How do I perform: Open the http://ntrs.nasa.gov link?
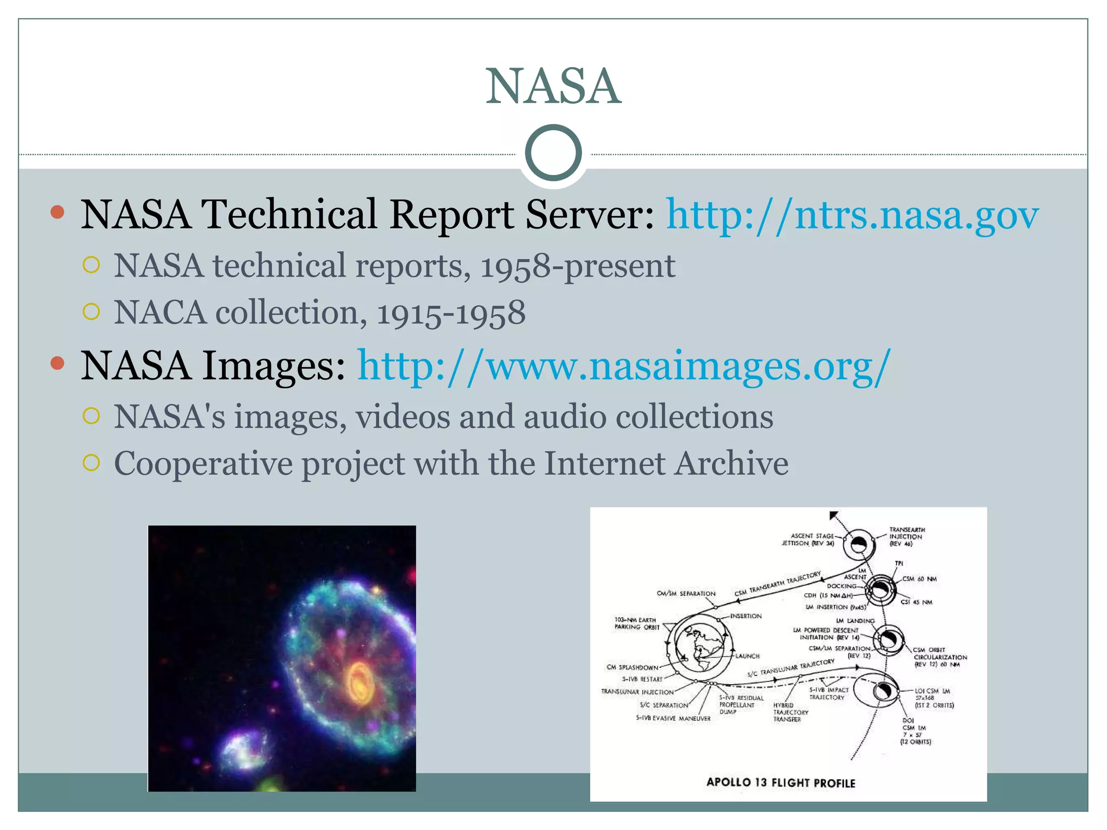852,215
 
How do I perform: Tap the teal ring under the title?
553,153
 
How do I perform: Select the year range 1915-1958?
451,313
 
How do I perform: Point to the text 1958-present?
577,266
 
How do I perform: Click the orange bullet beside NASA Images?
57,363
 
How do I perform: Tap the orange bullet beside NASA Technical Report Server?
57,211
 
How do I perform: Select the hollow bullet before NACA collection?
91,312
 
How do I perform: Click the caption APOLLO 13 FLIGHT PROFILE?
781,782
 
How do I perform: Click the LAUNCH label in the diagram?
747,656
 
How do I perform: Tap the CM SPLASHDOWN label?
632,667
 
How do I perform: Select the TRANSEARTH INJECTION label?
906,537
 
